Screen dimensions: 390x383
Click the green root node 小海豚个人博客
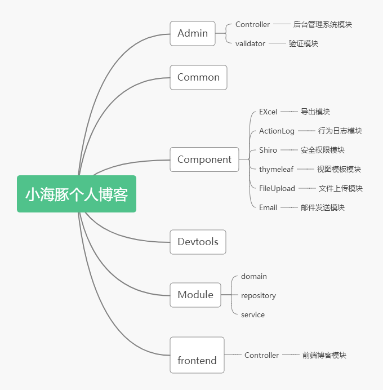coord(77,194)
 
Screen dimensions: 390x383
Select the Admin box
coord(193,33)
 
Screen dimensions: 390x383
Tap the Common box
coord(198,78)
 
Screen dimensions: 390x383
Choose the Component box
coord(204,159)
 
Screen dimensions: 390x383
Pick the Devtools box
coord(198,242)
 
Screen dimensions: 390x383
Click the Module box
coord(195,295)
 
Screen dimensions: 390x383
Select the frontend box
coord(197,355)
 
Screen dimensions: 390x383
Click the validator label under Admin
coord(250,43)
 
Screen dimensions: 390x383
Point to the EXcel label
coord(268,112)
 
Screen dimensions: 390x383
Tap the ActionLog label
coord(277,131)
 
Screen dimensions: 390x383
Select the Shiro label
coord(268,150)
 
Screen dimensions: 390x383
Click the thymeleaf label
coord(276,169)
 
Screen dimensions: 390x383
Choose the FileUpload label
coord(277,188)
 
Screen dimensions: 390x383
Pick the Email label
coord(268,207)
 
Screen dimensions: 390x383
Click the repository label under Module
coord(259,295)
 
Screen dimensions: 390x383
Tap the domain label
coord(254,276)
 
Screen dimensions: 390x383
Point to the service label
coord(253,314)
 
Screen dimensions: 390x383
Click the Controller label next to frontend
coord(261,355)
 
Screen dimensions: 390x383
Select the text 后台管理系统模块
coord(323,24)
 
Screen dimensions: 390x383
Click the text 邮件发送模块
coord(322,207)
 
